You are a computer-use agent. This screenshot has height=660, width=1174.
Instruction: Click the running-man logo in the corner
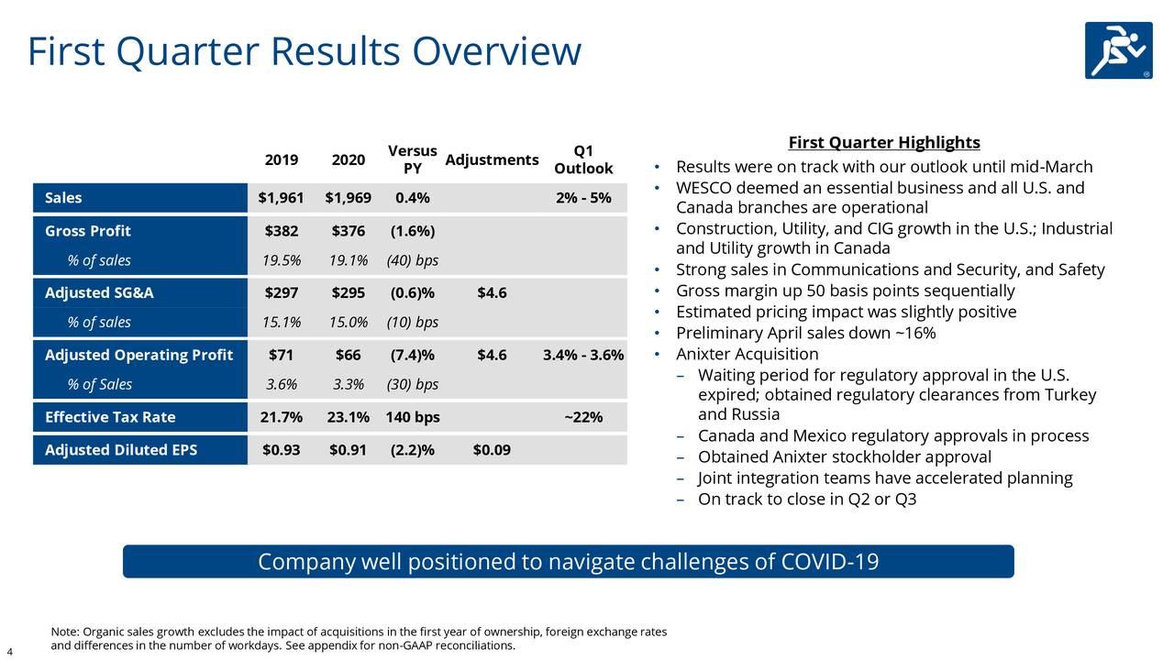click(1118, 50)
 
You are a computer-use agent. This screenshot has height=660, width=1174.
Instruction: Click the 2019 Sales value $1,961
click(281, 198)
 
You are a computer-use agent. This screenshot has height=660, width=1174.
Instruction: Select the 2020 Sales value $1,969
click(348, 198)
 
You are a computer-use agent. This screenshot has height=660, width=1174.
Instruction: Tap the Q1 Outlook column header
click(583, 159)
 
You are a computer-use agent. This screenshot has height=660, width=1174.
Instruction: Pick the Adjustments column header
click(492, 160)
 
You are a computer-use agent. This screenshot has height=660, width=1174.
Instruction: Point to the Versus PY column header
click(412, 159)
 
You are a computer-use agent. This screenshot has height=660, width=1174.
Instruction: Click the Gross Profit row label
click(88, 231)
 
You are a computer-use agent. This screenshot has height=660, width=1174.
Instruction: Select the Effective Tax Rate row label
click(110, 417)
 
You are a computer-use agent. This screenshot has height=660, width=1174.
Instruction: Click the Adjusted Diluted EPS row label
click(121, 450)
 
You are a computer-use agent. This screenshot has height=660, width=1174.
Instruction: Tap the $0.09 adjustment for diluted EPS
click(492, 450)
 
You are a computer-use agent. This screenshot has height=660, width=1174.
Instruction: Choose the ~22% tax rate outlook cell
click(583, 417)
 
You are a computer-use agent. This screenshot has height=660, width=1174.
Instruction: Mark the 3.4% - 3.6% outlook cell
click(583, 355)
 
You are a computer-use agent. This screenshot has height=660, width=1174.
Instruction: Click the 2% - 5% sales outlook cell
click(583, 198)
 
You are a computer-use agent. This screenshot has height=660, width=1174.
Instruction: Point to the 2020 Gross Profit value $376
click(348, 231)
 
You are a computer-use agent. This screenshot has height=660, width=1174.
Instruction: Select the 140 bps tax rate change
click(412, 417)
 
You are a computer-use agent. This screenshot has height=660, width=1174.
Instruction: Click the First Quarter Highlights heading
click(884, 143)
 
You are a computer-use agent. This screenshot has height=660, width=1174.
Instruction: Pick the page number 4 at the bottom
click(9, 652)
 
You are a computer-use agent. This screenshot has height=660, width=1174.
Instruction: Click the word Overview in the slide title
click(496, 52)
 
